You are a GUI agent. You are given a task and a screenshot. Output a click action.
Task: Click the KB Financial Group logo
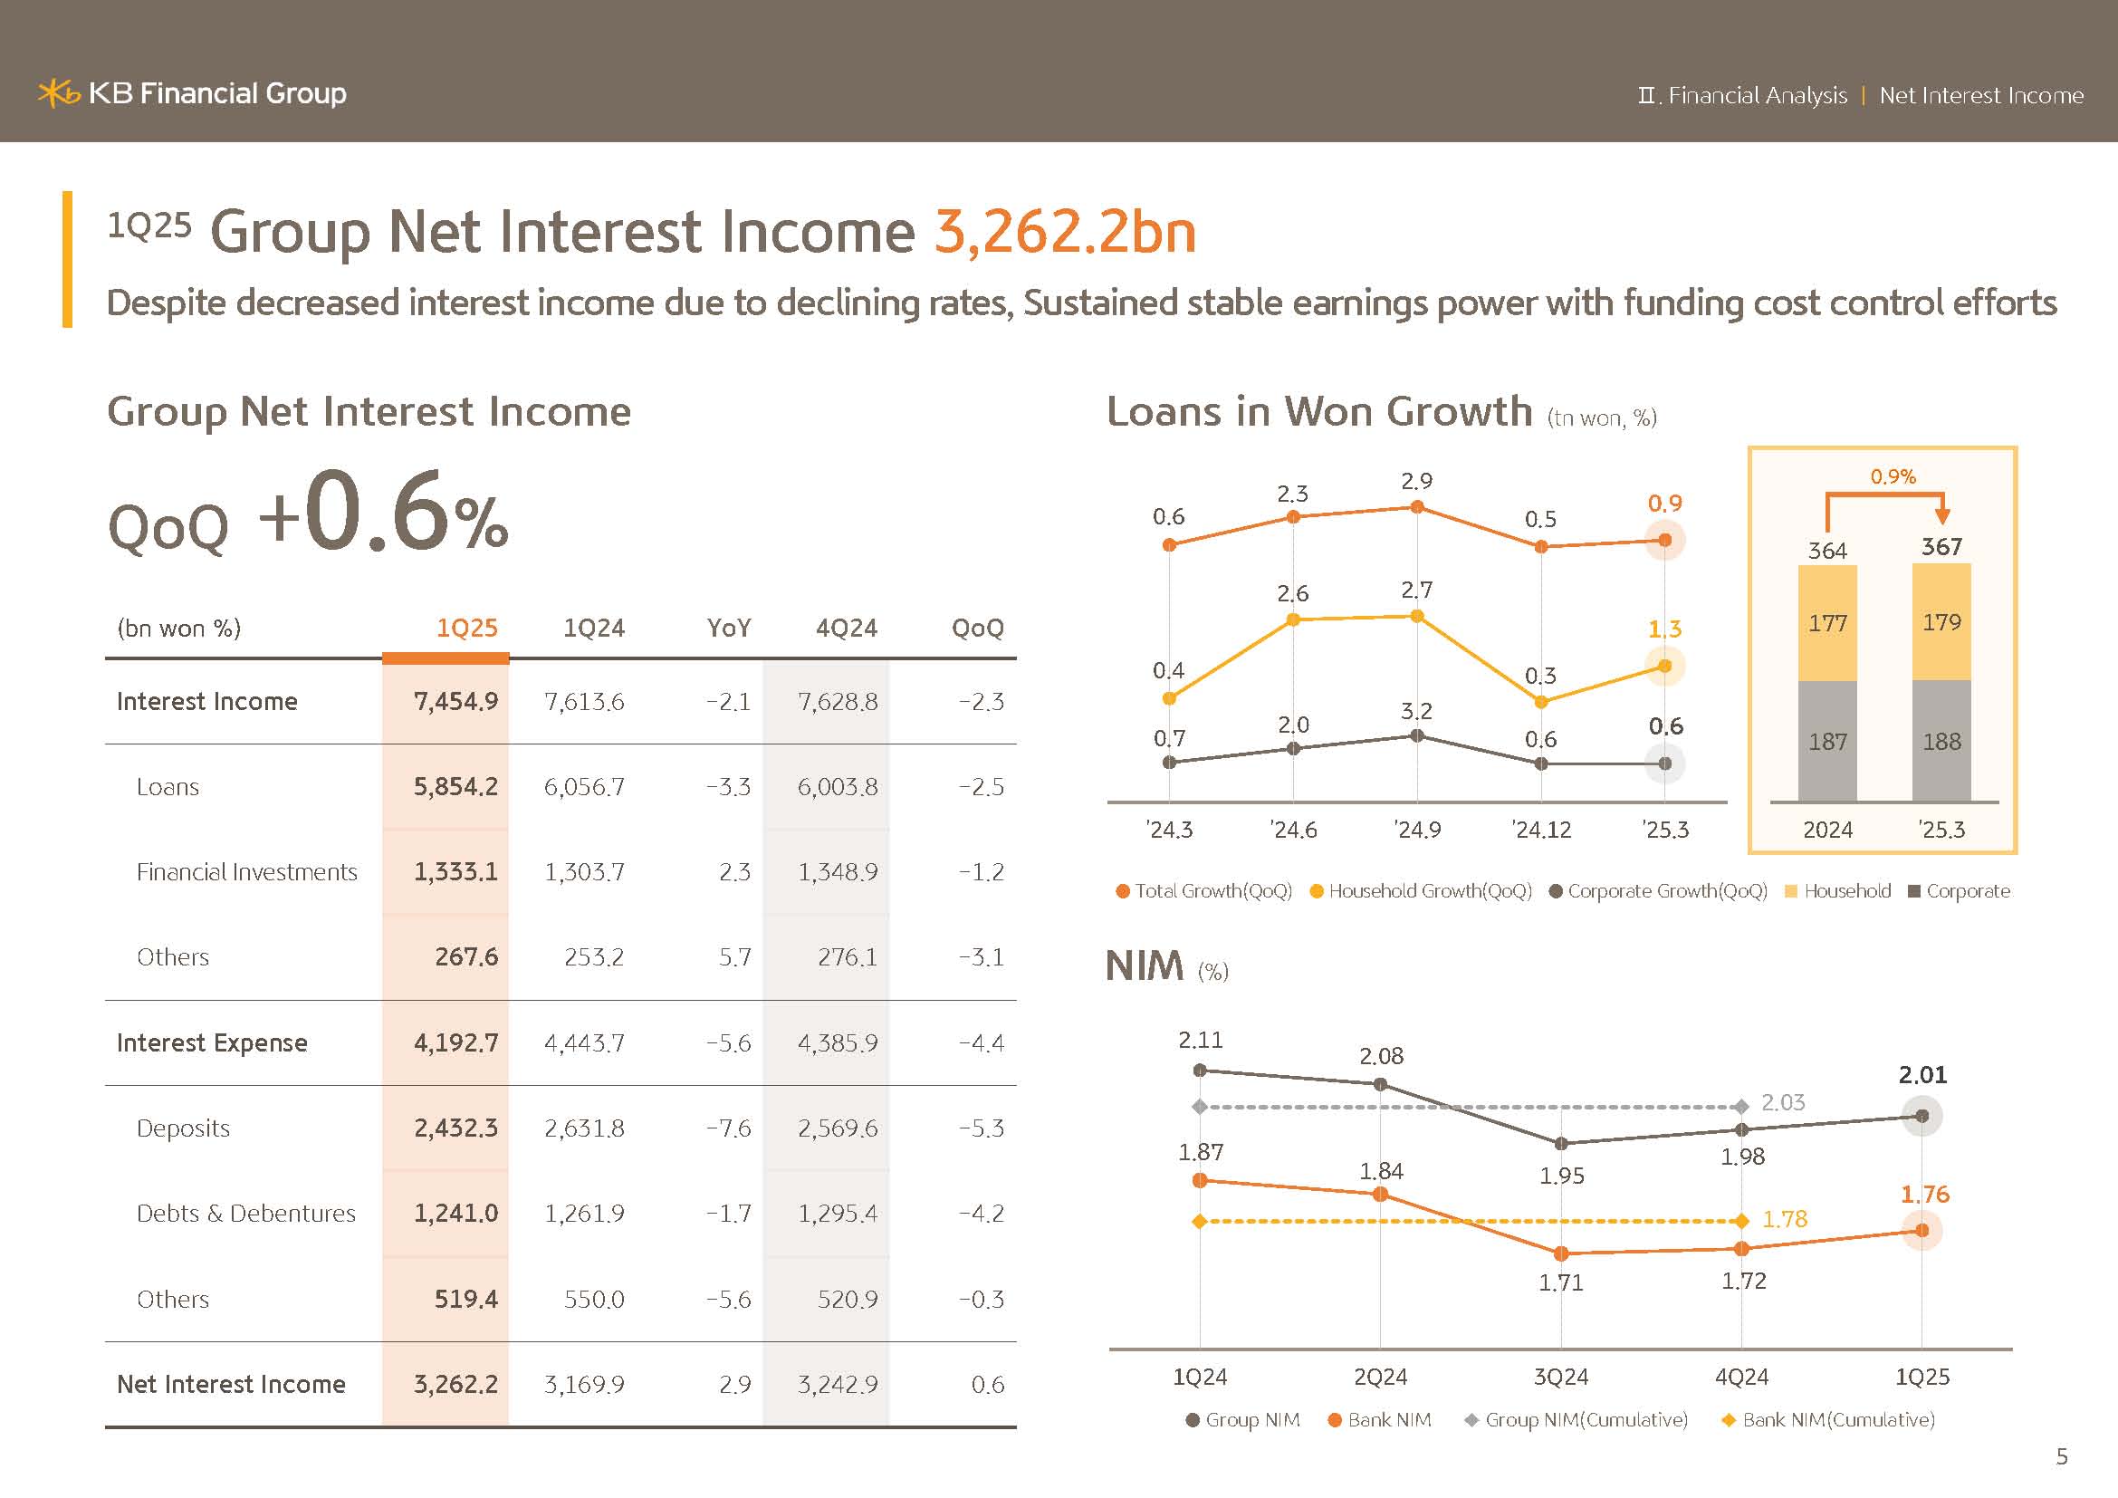tap(192, 93)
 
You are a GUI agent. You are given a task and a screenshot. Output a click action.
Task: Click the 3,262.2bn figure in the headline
tap(1065, 231)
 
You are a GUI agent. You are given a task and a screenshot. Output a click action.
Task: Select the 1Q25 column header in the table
tap(465, 629)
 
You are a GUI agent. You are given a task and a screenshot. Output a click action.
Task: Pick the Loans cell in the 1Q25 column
tap(455, 787)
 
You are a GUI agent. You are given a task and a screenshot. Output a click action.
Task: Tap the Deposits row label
tap(183, 1128)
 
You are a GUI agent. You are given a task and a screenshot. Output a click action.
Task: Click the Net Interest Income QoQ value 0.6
tap(987, 1384)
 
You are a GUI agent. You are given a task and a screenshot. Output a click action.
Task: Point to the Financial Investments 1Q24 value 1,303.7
tap(584, 871)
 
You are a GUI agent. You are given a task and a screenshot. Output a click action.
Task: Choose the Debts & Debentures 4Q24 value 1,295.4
tap(837, 1213)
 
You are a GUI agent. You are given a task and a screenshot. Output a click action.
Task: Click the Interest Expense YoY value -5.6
tap(728, 1042)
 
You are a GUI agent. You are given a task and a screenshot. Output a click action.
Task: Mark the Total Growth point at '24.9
tap(1417, 506)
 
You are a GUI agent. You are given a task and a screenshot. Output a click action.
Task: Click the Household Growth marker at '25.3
tap(1664, 666)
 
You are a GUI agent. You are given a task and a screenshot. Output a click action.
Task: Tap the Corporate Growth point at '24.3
tap(1169, 763)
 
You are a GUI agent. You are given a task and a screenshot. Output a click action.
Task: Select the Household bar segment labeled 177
tap(1826, 623)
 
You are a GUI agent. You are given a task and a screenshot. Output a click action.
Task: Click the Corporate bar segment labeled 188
tap(1941, 741)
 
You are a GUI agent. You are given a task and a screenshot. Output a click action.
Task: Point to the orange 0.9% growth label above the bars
tap(1893, 477)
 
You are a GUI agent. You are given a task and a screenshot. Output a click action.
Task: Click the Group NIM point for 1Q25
tap(1922, 1116)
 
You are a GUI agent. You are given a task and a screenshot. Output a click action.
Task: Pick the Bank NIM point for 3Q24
tap(1561, 1253)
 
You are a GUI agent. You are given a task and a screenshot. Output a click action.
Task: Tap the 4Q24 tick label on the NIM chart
tap(1740, 1378)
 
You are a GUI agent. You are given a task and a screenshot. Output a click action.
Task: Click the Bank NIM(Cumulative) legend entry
tap(1828, 1419)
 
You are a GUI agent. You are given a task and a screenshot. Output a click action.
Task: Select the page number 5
tap(2062, 1456)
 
